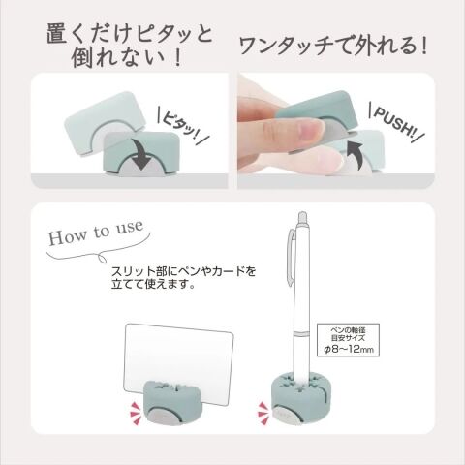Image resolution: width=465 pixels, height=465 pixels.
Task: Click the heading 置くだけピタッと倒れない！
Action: pyautogui.click(x=129, y=46)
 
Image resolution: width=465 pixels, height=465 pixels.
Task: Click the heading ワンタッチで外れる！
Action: pyautogui.click(x=333, y=46)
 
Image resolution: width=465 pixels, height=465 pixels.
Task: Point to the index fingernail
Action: pyautogui.click(x=310, y=129)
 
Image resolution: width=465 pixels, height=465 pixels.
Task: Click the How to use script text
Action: pyautogui.click(x=96, y=232)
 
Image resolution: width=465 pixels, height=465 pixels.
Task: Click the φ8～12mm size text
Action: pyautogui.click(x=349, y=349)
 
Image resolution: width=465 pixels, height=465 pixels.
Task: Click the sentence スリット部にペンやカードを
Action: pyautogui.click(x=183, y=271)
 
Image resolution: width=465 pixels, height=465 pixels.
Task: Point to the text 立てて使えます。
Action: pyautogui.click(x=153, y=284)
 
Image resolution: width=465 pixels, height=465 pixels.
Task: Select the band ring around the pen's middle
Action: pyautogui.click(x=301, y=334)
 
